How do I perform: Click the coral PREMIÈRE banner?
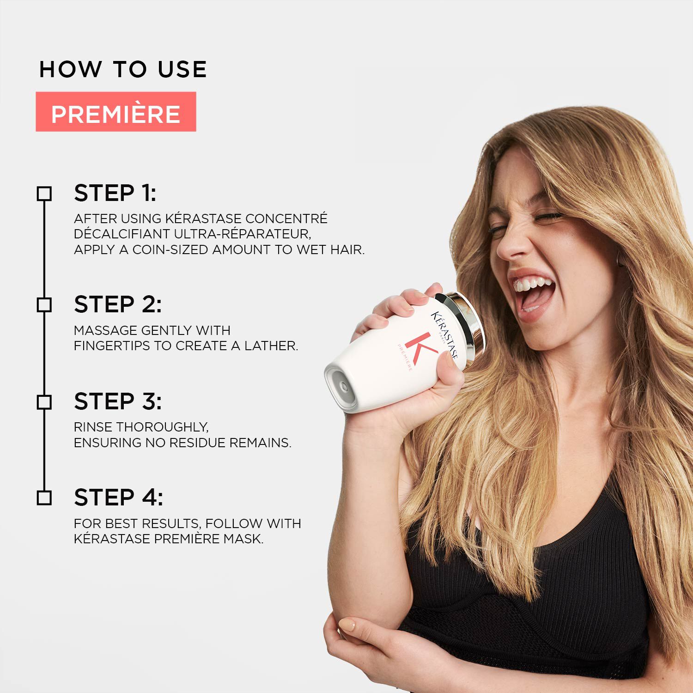coord(115,112)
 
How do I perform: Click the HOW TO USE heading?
coord(123,69)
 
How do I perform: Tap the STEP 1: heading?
coord(115,193)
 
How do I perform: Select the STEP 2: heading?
coord(118,304)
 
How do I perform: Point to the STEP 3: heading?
coord(118,401)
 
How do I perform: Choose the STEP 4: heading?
coord(118,498)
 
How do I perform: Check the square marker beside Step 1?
coord(44,194)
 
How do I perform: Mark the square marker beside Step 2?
coord(44,305)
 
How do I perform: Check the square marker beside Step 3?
coord(44,402)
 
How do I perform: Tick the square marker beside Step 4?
coord(44,498)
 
